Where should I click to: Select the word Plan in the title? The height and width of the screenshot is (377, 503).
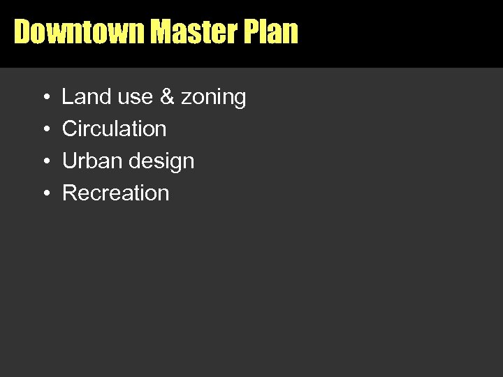tap(275, 32)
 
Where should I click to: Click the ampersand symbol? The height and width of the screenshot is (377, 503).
tap(167, 97)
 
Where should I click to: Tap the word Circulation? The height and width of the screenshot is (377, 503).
tap(115, 129)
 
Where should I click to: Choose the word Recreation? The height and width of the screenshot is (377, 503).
tap(116, 193)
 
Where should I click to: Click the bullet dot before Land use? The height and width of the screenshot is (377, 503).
tap(45, 98)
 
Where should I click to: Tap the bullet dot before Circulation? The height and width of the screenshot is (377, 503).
tap(45, 130)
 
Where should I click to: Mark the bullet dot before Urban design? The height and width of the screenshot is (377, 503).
tap(45, 162)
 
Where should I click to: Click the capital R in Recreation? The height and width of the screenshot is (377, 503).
tap(69, 193)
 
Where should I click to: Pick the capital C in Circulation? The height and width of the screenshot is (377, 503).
tap(69, 129)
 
